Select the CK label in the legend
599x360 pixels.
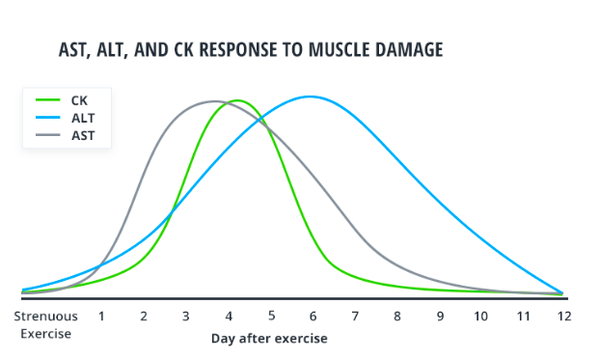click(79, 99)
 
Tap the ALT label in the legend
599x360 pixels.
click(81, 117)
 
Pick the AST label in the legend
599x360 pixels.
click(81, 134)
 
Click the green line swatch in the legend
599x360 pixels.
click(48, 99)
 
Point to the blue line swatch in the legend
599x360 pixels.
click(48, 117)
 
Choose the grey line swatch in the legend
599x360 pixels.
click(48, 134)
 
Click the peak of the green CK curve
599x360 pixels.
click(234, 100)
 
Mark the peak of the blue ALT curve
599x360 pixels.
click(309, 97)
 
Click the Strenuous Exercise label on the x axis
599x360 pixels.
click(46, 323)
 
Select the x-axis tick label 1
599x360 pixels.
click(101, 316)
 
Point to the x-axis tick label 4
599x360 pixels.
click(229, 316)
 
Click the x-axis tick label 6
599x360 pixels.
click(313, 316)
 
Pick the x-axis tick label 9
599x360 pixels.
click(439, 316)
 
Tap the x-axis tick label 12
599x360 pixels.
click(563, 316)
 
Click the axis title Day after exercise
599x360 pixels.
click(269, 339)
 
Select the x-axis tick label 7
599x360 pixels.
click(355, 316)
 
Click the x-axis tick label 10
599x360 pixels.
click(480, 316)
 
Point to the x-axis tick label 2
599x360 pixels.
click(144, 316)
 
